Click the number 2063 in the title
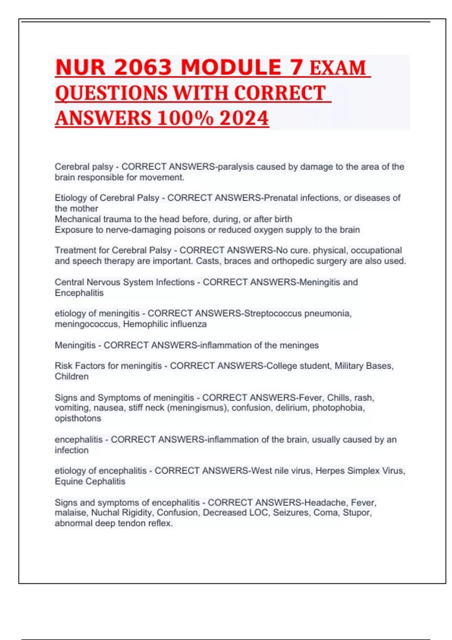point(143,68)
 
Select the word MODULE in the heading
point(231,68)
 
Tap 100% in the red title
point(185,118)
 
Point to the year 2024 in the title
point(244,118)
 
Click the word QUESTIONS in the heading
point(111,93)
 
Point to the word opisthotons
point(78,418)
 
